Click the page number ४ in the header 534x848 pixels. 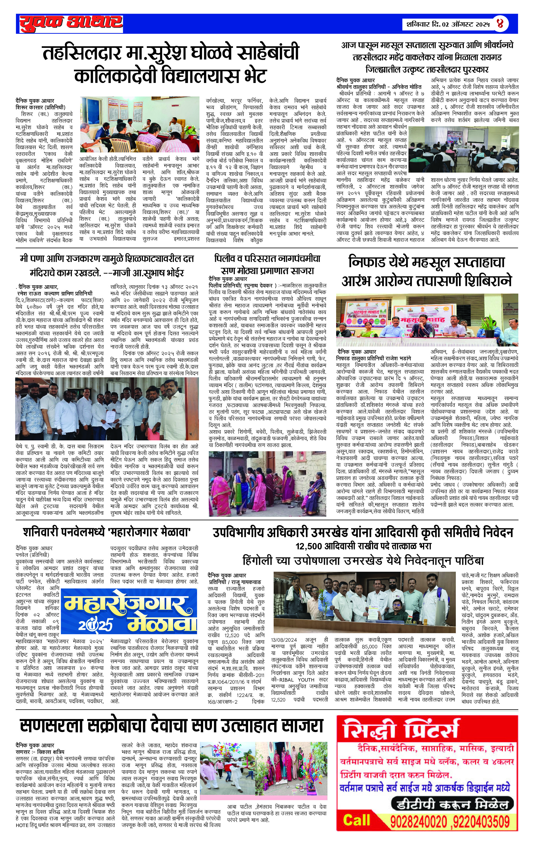tap(500, 24)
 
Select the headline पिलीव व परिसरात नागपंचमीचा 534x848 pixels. tap(267, 259)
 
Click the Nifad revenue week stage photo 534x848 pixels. tap(427, 320)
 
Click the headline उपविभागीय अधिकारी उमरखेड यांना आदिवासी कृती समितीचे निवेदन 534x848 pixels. tap(363, 532)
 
